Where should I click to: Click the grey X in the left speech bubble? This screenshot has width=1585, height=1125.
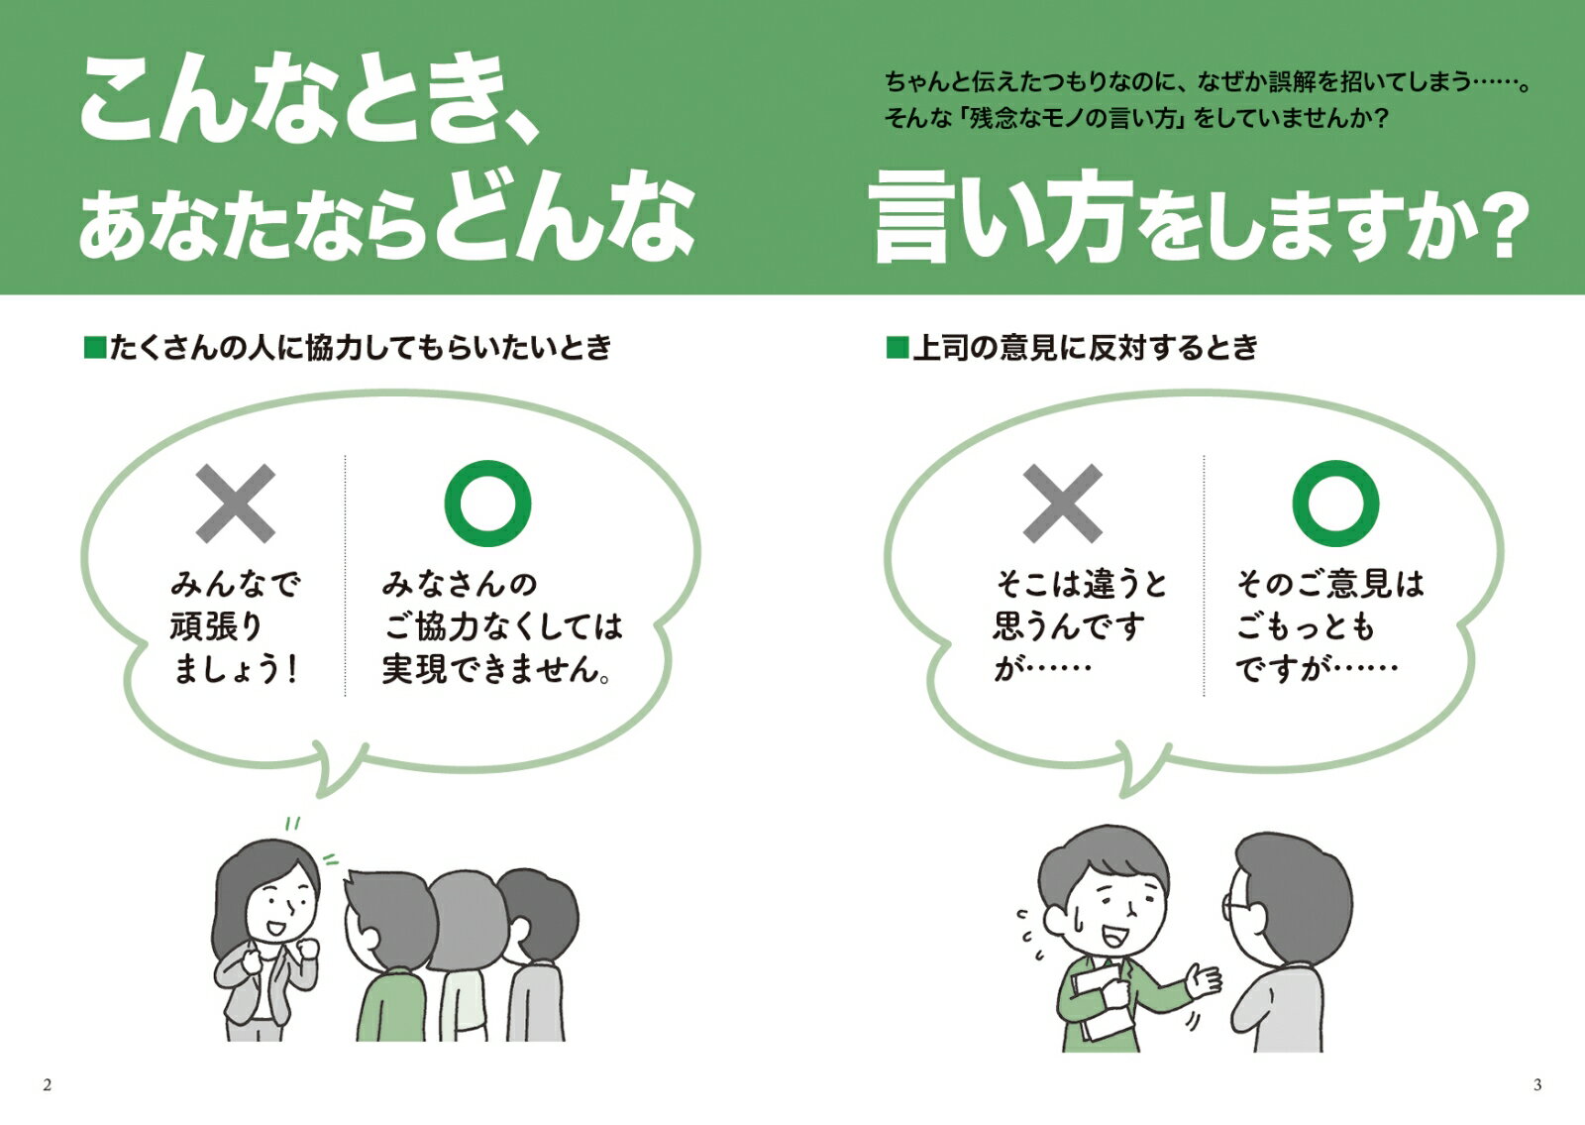[x=236, y=504]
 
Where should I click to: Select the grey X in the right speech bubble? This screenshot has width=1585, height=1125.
[x=1063, y=504]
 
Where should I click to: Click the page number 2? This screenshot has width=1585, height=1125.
[x=48, y=1084]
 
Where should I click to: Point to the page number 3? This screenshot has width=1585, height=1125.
[x=1536, y=1084]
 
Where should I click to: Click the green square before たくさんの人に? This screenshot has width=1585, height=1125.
[x=95, y=348]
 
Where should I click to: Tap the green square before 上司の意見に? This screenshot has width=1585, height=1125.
[x=898, y=348]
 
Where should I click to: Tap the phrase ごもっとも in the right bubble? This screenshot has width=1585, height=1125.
[x=1306, y=626]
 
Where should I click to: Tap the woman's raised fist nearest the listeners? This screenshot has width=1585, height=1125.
[x=306, y=949]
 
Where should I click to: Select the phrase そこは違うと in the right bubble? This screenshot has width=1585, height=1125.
[x=1082, y=584]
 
